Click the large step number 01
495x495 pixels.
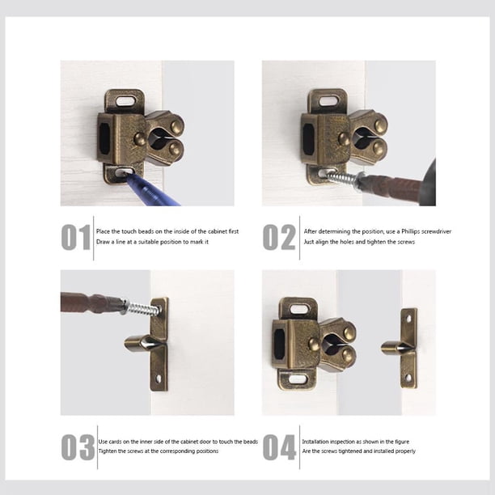pos(76,237)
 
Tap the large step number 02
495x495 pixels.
pos(279,237)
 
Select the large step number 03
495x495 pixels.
pos(78,447)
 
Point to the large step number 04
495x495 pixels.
pos(279,447)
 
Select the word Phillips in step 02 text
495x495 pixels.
pos(410,231)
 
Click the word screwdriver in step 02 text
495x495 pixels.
pos(437,231)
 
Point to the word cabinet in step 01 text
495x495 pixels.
pos(218,231)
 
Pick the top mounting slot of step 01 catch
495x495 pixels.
pos(125,101)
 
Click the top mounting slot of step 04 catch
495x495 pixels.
pos(298,309)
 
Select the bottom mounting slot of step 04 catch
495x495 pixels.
pos(298,379)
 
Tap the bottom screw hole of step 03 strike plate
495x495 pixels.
pos(159,378)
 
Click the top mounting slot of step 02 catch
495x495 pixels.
pos(328,101)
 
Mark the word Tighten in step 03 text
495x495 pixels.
pos(108,451)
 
